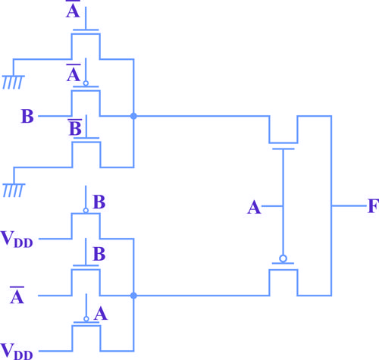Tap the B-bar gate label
click(x=75, y=127)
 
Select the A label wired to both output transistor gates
click(x=254, y=208)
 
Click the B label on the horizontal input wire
click(x=27, y=116)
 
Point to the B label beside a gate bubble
click(x=99, y=202)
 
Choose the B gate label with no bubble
click(x=99, y=254)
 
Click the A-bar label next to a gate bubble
click(x=74, y=73)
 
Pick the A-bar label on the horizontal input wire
click(x=17, y=295)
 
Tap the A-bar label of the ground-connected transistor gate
click(x=73, y=9)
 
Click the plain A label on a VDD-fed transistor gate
click(x=101, y=314)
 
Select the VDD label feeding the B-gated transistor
click(x=17, y=239)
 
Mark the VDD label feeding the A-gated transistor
click(x=17, y=351)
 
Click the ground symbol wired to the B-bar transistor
click(x=14, y=190)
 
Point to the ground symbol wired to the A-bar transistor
click(x=13, y=82)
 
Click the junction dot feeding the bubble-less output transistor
click(x=133, y=116)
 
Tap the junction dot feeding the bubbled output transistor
click(x=133, y=296)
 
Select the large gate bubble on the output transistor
click(x=283, y=258)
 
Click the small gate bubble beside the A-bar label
click(x=86, y=83)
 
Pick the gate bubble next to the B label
click(x=86, y=211)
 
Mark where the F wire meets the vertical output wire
click(x=331, y=206)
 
